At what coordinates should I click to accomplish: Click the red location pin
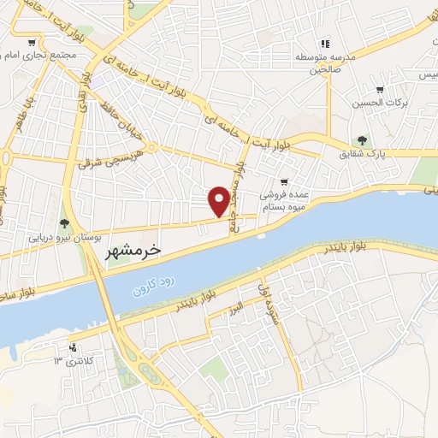(x=220, y=201)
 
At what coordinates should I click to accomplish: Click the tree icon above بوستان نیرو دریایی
(x=65, y=224)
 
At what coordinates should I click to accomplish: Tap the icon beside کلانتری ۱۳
(x=73, y=347)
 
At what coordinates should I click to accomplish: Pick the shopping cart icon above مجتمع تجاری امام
(x=32, y=42)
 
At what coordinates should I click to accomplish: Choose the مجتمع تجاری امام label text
(x=41, y=55)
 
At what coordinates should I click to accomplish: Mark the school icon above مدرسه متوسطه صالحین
(x=325, y=44)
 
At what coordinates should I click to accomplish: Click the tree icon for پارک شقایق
(x=362, y=140)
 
